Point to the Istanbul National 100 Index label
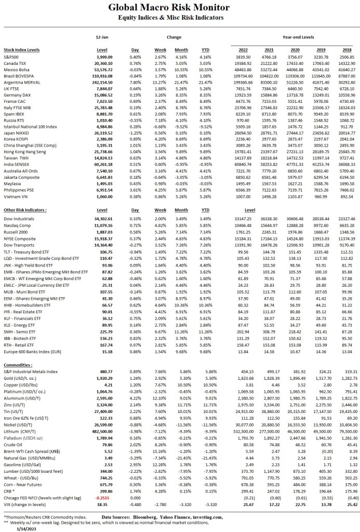click(30, 126)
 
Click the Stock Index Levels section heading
click(22, 49)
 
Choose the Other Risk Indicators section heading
click(24, 209)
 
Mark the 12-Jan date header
click(102, 37)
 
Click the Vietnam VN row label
click(16, 196)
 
